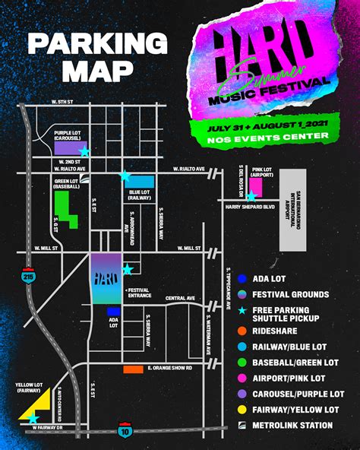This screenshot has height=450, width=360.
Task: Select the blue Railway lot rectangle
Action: coord(143,181)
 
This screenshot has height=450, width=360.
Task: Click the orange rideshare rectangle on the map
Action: coord(133,369)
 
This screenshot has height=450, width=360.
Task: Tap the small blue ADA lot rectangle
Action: coord(114,312)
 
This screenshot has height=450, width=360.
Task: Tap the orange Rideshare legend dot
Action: coord(242,331)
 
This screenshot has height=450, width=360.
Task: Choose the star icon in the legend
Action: coord(242,312)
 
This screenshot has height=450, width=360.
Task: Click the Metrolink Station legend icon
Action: coord(242,425)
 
